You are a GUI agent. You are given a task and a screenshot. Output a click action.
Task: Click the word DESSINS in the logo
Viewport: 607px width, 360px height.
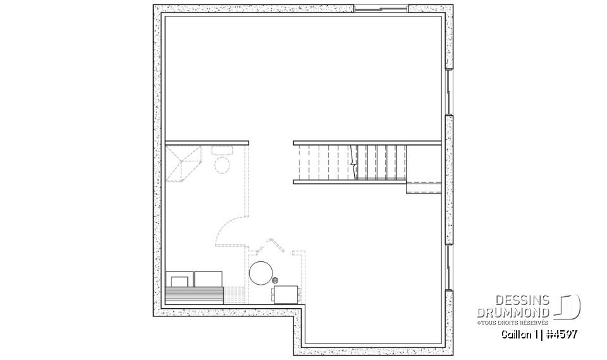pos(527,301)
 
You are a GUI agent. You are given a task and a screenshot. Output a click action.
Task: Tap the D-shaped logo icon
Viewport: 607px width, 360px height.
pos(568,307)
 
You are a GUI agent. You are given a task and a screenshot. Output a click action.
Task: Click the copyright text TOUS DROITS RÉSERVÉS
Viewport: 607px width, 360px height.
pos(515,322)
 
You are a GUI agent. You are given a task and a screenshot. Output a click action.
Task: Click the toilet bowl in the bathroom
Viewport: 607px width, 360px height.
pos(222,165)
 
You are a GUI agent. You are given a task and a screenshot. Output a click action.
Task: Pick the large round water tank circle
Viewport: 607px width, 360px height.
pos(261,274)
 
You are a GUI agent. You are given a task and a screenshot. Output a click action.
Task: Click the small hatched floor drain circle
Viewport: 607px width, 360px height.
pos(275,280)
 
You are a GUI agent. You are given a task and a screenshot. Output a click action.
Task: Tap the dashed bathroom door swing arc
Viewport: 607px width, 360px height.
pos(228,229)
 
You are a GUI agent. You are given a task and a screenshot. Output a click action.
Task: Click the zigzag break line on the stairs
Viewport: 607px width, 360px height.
pos(352,162)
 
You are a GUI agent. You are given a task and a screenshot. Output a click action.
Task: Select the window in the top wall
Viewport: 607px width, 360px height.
pos(380,9)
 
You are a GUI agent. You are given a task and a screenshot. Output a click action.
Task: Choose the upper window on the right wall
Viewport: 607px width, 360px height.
pos(448,92)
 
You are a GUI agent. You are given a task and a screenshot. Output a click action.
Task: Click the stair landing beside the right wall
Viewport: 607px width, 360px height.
pos(423,187)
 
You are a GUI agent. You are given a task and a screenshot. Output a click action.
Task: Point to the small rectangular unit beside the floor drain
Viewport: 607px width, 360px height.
pos(286,294)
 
